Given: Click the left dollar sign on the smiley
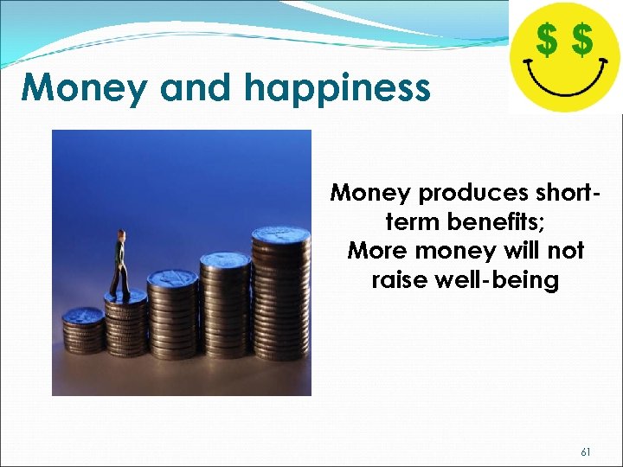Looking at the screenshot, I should (547, 39).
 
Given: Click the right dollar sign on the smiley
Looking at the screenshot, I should (583, 39).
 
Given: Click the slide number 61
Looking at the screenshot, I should (586, 452).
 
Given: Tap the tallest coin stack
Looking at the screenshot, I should (280, 294).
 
